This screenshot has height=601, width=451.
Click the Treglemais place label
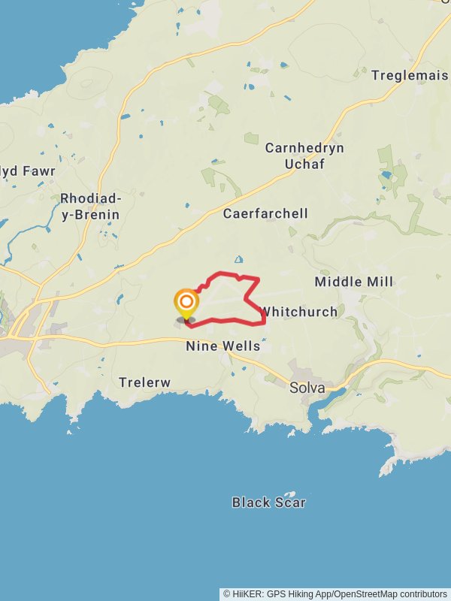point(410,75)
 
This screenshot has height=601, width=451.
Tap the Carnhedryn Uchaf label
point(304,156)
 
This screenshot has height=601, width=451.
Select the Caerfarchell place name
point(265,213)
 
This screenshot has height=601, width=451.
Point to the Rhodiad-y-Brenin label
point(89,207)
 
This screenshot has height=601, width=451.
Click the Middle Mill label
point(353,282)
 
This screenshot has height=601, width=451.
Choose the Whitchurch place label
point(298,311)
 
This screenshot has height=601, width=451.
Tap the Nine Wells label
point(223,346)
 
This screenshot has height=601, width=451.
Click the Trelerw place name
point(145,382)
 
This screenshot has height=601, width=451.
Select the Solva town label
point(307,388)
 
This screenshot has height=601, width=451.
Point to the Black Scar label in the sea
point(268,502)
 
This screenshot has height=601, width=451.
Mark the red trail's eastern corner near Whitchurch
point(265,322)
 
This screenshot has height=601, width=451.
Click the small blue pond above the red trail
point(239,260)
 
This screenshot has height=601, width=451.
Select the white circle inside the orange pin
point(186,302)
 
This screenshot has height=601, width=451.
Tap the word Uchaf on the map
point(304,163)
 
